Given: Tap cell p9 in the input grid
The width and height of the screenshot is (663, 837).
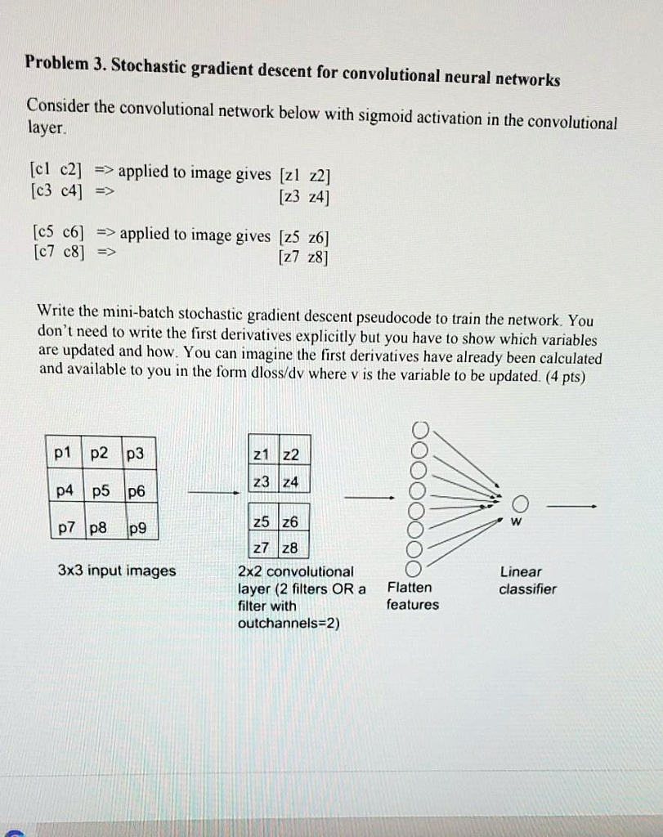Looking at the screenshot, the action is coord(139,529).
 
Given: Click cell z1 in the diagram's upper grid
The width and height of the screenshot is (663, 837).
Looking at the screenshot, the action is coord(262,454).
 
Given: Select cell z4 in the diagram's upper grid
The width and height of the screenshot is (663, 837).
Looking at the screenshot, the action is coord(290,483).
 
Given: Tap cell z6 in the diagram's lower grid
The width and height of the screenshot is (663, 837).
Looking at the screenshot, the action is coord(290,522).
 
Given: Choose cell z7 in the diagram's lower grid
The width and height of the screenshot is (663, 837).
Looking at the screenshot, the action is coord(262,547).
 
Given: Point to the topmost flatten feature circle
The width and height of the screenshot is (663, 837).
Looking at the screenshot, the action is coord(420,429).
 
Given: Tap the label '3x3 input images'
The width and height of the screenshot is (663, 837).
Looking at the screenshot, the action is coord(117,571).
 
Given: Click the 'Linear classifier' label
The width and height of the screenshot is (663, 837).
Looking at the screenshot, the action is coord(527,580).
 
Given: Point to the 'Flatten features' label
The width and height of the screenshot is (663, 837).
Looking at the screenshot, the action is coord(412,596).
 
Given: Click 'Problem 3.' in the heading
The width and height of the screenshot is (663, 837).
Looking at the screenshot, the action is coord(64,62).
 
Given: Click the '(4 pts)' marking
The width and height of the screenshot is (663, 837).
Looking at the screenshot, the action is coord(566,376).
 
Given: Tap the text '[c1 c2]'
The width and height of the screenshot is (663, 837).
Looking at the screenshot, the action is coord(56,172).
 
